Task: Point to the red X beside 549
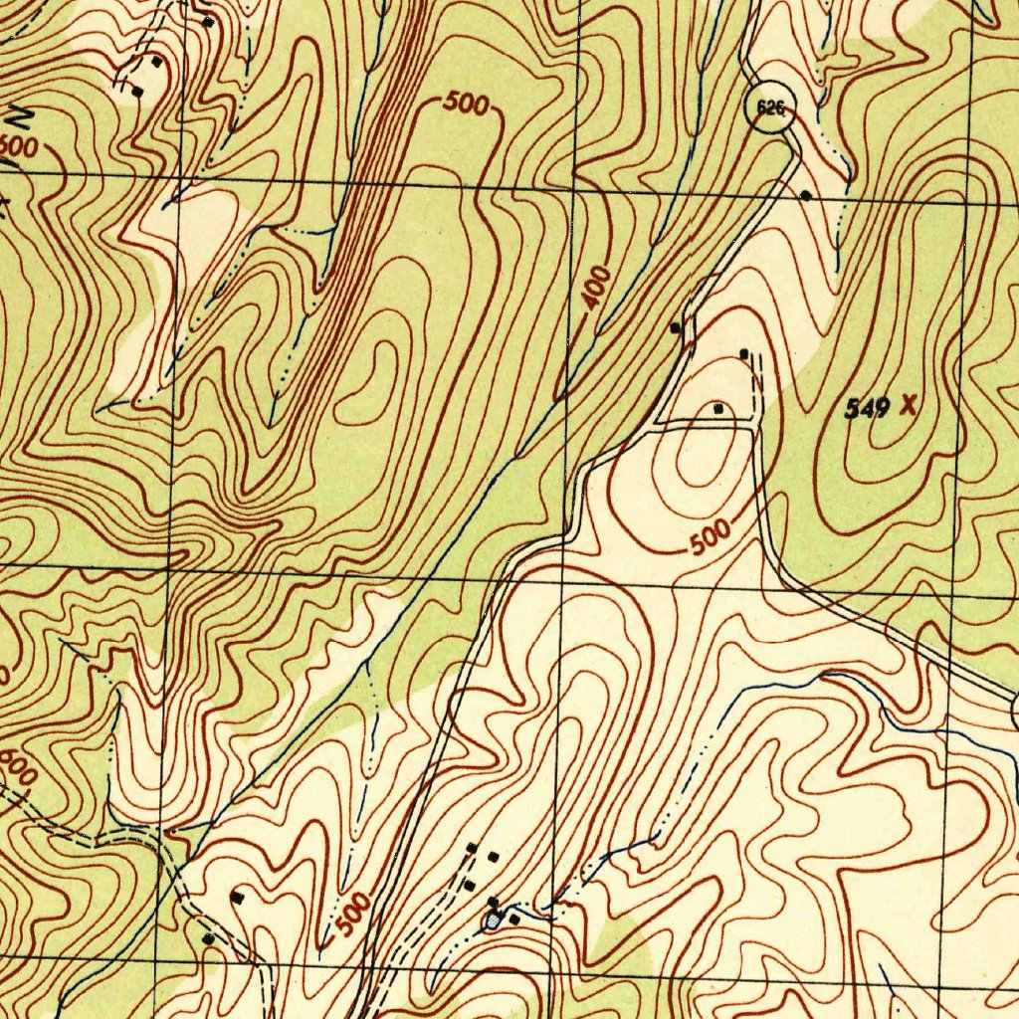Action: pyautogui.click(x=907, y=405)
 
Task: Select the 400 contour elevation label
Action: pyautogui.click(x=597, y=288)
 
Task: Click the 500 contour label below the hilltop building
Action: pyautogui.click(x=711, y=538)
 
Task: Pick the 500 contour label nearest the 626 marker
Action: pyautogui.click(x=466, y=102)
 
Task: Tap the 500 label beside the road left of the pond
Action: pyautogui.click(x=352, y=914)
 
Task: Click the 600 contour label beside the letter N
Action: pyautogui.click(x=18, y=146)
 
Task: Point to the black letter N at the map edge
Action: pyautogui.click(x=18, y=116)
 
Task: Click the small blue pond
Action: pyautogui.click(x=493, y=920)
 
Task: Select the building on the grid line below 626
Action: pyautogui.click(x=805, y=196)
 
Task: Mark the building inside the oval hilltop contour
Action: pyautogui.click(x=718, y=408)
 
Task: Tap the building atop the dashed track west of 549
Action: pyautogui.click(x=745, y=353)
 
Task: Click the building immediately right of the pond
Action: pyautogui.click(x=513, y=919)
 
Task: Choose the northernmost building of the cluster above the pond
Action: pyautogui.click(x=474, y=848)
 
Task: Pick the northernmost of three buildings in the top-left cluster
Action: pyautogui.click(x=207, y=21)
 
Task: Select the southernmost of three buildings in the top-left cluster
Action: pyautogui.click(x=137, y=92)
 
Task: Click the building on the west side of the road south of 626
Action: pyautogui.click(x=677, y=326)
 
